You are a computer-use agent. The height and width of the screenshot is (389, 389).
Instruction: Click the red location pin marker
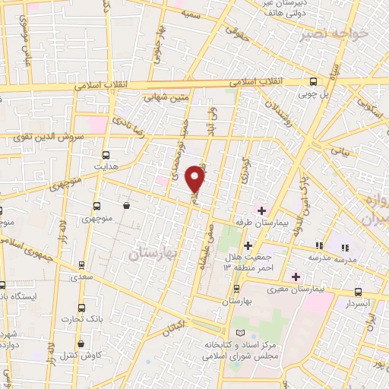(x=195, y=178)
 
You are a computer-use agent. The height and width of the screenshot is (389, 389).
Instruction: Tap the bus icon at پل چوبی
(x=314, y=82)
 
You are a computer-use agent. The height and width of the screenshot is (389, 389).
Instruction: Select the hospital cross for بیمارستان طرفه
(x=261, y=210)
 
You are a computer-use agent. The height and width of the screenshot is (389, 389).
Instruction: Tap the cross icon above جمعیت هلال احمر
(x=248, y=245)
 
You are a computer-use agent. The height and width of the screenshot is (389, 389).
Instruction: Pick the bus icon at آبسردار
(x=358, y=293)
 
